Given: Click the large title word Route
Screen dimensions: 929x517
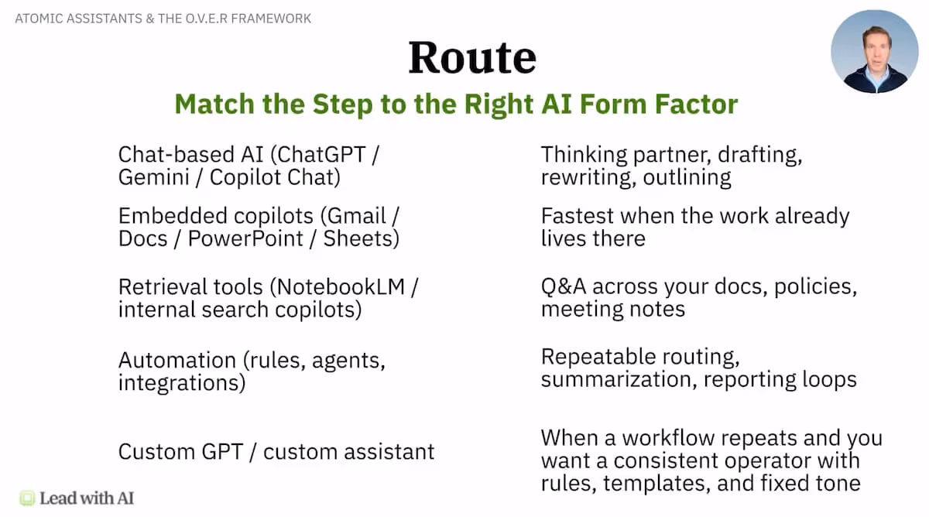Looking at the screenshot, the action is click(472, 57).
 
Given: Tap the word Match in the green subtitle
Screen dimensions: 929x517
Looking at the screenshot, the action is click(214, 104).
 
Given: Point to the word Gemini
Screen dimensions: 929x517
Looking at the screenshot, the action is click(154, 177).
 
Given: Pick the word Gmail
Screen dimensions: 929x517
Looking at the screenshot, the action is click(356, 216).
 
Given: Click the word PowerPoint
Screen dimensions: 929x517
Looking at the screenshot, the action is click(245, 239).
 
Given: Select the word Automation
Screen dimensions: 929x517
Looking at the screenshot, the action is click(177, 360).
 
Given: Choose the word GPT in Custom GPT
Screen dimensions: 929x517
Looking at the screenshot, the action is click(222, 451).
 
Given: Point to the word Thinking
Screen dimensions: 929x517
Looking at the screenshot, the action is click(584, 155).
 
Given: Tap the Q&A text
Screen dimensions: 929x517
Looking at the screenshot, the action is click(564, 286).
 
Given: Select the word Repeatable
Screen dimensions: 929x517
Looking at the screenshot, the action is click(598, 358).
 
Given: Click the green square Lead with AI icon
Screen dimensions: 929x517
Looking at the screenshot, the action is click(27, 498).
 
